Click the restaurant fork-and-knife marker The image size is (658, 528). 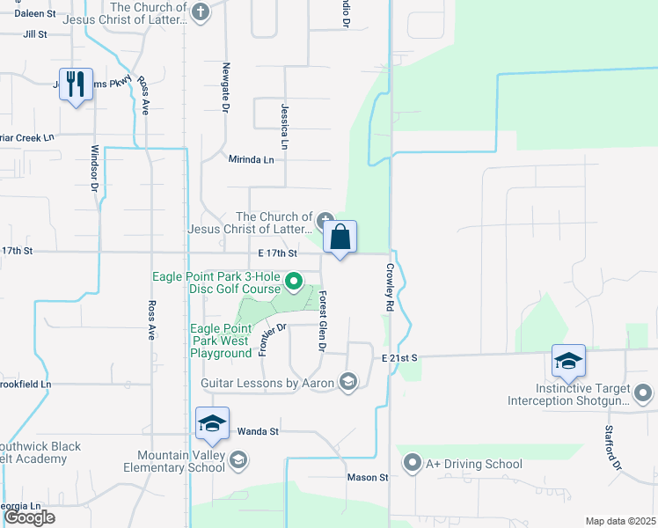(76, 85)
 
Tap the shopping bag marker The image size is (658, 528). (340, 238)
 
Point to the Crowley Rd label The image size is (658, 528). (388, 288)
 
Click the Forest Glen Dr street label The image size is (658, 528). (322, 322)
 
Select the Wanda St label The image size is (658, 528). (258, 432)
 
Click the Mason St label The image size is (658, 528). (370, 477)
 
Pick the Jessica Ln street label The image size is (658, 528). (284, 126)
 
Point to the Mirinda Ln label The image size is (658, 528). (252, 159)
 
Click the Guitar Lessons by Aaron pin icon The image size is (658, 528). (348, 382)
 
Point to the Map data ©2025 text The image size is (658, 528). (620, 521)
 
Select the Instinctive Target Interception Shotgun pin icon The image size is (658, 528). (643, 392)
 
